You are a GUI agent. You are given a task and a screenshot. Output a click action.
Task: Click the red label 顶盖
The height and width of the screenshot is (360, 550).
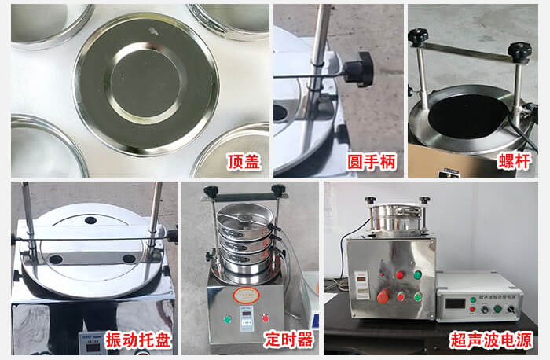244,163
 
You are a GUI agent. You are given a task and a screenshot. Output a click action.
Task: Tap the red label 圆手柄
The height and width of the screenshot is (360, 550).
372,163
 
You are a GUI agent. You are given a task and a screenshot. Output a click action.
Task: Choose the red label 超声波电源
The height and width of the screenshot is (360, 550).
492,340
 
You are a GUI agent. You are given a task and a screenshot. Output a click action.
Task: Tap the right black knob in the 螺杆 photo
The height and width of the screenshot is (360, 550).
519,51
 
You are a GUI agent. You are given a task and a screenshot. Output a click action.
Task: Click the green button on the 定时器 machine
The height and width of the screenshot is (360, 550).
226,319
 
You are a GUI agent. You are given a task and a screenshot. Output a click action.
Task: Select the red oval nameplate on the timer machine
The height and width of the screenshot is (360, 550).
246,295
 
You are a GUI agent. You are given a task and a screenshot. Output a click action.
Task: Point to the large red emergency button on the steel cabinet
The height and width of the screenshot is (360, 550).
383,296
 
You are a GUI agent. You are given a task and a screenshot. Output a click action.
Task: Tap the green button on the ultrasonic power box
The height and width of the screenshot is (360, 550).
497,309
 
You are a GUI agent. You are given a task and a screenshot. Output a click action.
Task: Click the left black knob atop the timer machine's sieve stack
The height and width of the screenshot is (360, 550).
211,191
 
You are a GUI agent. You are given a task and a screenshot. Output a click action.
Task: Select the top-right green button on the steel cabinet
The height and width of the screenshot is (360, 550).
417,275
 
